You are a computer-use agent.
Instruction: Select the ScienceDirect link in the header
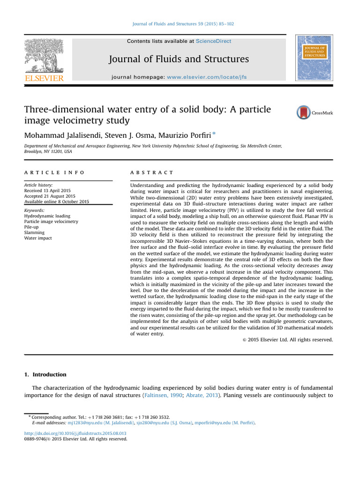(213, 41)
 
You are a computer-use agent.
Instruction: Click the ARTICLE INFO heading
(54, 173)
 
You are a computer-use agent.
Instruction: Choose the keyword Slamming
(35, 232)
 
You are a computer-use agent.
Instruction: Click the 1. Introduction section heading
(45, 375)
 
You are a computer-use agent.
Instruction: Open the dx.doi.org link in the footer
(75, 434)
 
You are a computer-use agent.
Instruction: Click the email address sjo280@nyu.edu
(154, 423)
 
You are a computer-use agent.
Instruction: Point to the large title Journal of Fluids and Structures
(179, 59)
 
